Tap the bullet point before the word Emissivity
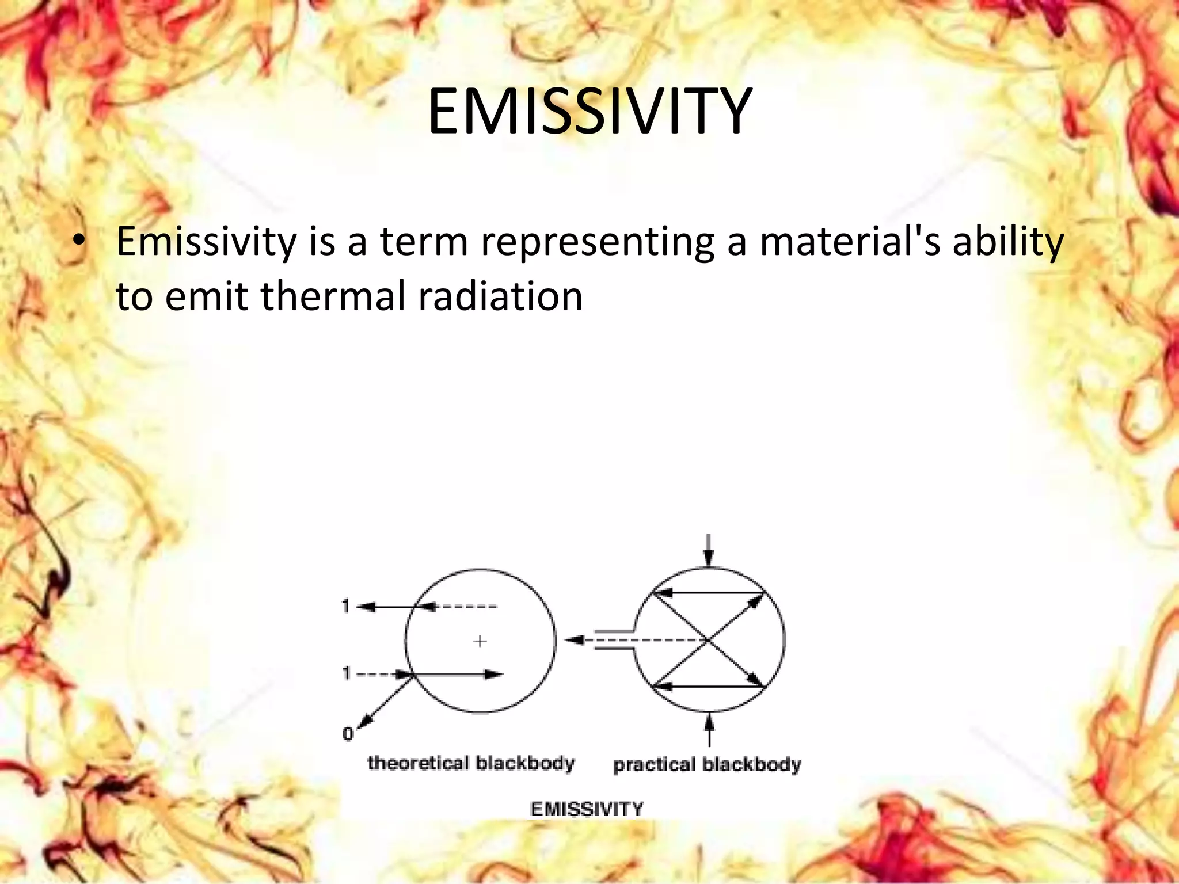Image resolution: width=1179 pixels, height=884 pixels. [80, 242]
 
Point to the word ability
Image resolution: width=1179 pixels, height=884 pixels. [1007, 242]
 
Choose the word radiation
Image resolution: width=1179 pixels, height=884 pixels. [500, 296]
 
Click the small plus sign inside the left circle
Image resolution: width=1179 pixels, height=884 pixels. [480, 641]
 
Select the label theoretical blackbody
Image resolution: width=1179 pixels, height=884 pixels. [471, 763]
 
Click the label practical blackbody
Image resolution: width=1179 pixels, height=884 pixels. [706, 764]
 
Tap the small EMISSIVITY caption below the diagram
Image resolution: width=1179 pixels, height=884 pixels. [586, 809]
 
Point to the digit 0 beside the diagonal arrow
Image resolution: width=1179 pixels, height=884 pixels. [348, 734]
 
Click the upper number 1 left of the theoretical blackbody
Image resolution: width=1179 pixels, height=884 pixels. [346, 606]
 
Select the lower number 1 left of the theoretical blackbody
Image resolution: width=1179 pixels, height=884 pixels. [346, 673]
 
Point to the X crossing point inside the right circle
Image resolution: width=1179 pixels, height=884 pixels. [709, 640]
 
